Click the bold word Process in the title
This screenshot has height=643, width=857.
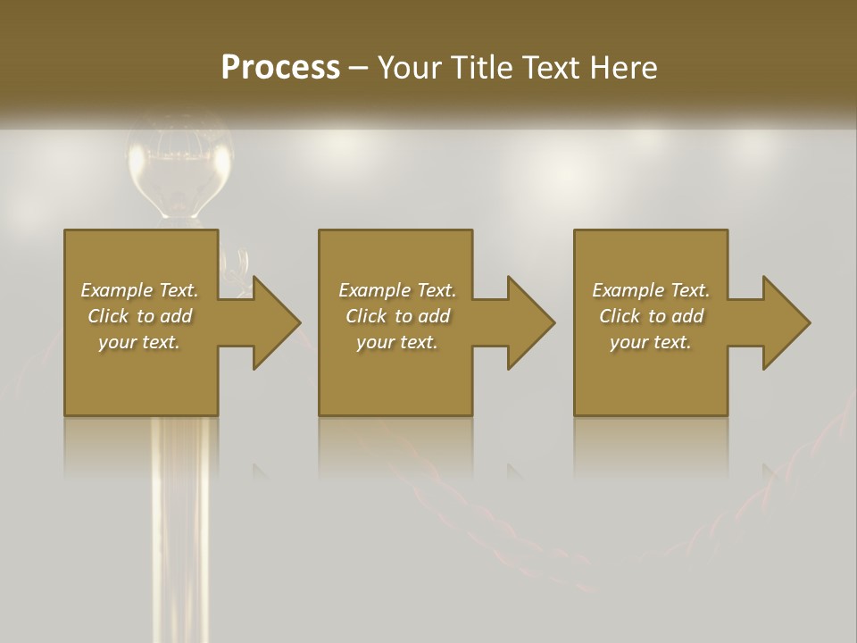(x=280, y=68)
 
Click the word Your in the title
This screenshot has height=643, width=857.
(x=411, y=68)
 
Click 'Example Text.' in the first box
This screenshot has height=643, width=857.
(x=139, y=290)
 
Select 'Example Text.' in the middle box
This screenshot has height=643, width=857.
(x=396, y=290)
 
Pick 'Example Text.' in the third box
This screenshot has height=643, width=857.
(x=651, y=290)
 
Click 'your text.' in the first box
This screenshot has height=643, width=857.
(x=139, y=342)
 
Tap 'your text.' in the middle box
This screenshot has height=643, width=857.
(x=396, y=342)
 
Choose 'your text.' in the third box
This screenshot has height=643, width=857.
(x=651, y=342)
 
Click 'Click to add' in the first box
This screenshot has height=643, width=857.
(x=139, y=316)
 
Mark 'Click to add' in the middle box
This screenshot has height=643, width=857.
(x=396, y=316)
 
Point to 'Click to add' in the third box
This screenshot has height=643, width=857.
(x=651, y=316)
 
